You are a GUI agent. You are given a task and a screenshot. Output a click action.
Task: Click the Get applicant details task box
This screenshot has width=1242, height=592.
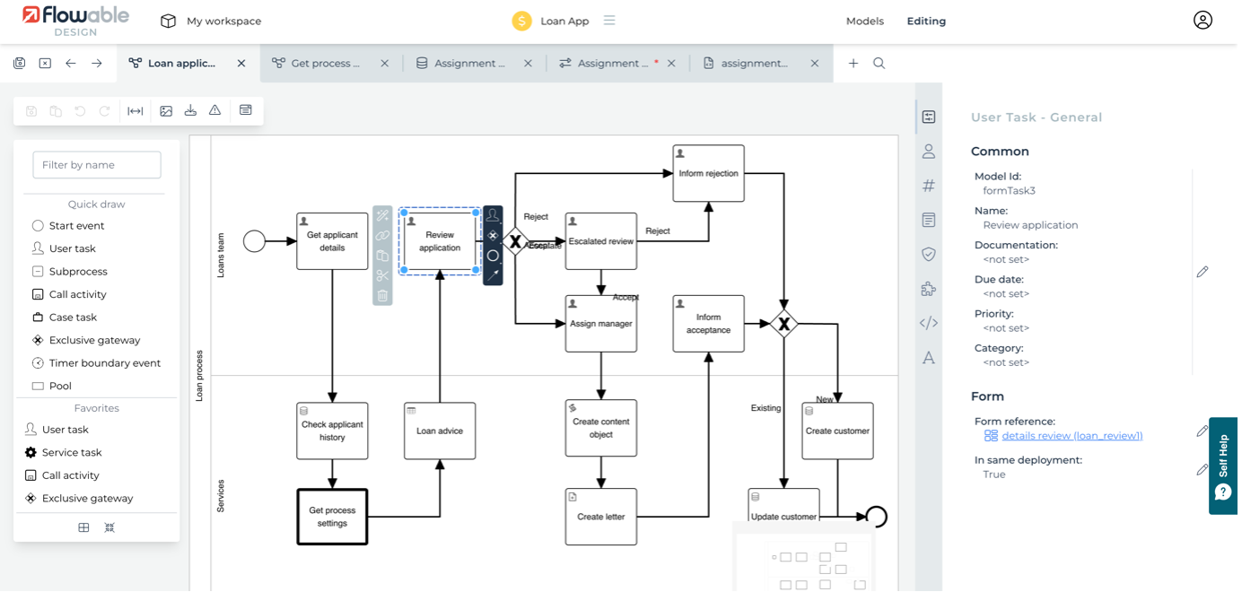point(332,240)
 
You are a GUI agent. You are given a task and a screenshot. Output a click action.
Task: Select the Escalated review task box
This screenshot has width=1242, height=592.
point(600,241)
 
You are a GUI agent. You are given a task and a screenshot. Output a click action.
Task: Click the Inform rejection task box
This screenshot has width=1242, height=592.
point(708,173)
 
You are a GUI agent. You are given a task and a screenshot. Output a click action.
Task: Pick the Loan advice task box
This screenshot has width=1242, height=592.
point(440,431)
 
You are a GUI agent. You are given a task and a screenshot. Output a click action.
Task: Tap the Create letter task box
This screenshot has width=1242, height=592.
point(600,517)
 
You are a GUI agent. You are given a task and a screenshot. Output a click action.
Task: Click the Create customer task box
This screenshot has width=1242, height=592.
point(837,431)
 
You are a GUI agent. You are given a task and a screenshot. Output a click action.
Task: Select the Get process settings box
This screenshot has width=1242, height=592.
point(332,517)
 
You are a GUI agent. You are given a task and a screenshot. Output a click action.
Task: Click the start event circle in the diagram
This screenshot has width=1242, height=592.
point(255,240)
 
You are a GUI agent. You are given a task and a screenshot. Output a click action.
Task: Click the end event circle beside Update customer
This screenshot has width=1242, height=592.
point(877,517)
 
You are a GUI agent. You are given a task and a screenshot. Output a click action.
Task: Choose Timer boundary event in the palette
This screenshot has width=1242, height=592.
point(105,363)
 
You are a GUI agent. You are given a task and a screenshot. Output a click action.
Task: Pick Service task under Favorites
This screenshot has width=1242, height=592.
point(72,453)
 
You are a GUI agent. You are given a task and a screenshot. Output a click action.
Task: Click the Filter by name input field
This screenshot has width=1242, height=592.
point(97,165)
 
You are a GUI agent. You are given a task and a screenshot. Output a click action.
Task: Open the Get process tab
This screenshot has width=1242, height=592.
point(325,64)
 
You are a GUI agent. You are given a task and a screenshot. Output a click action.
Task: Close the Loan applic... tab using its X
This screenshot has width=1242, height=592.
point(241,64)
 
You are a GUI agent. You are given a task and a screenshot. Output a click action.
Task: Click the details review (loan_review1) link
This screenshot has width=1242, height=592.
point(1071,436)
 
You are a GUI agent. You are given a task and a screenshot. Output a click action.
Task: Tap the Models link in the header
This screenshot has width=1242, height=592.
point(865,21)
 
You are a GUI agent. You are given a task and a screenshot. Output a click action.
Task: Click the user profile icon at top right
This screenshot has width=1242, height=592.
point(1203,21)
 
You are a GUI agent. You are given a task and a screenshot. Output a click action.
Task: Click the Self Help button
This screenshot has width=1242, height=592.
point(1223,466)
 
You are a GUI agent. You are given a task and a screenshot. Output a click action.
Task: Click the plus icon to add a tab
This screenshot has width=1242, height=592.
point(853,64)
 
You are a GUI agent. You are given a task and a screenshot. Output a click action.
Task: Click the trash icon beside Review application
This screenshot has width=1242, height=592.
point(383,295)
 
